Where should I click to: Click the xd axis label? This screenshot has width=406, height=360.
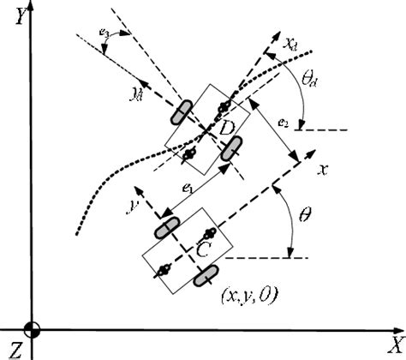(x=291, y=41)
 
